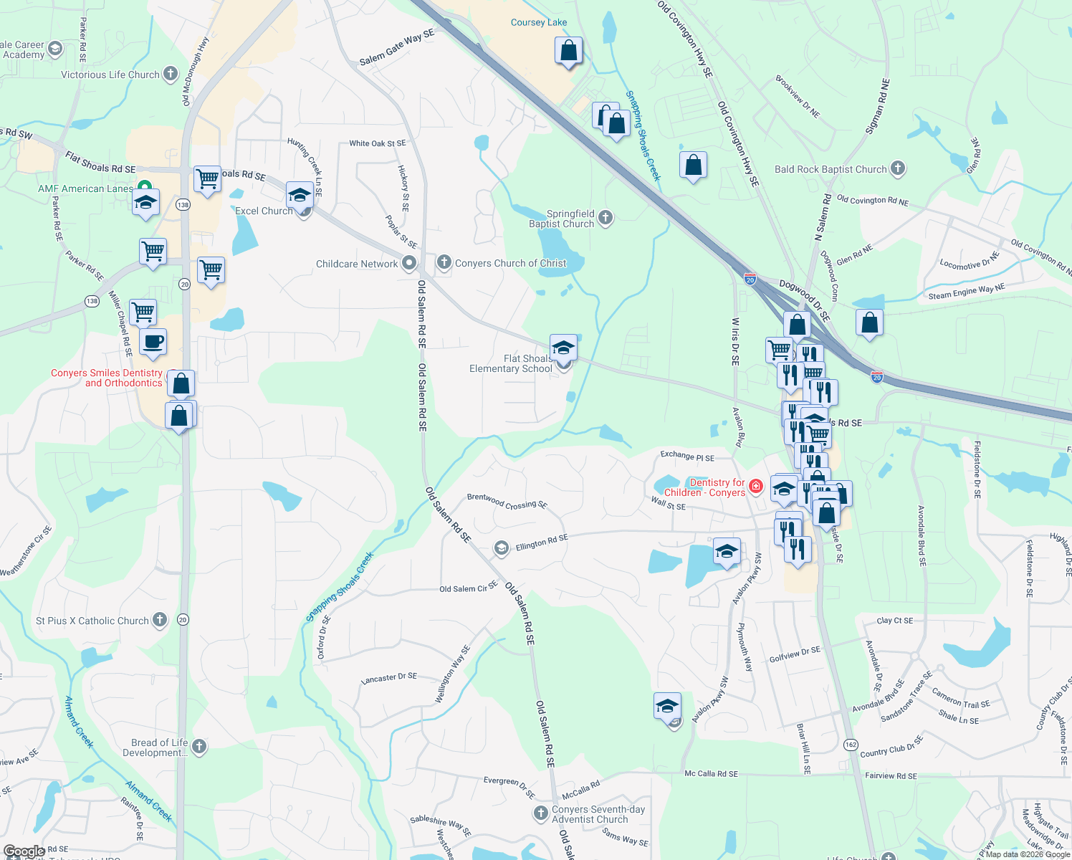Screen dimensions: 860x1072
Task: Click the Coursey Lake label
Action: [x=538, y=23]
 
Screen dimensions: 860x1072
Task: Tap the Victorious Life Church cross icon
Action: [x=171, y=74]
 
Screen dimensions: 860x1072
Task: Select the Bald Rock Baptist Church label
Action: [x=831, y=170]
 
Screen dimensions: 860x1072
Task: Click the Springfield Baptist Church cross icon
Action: [x=606, y=218]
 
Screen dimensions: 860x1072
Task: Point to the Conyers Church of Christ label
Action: [x=510, y=264]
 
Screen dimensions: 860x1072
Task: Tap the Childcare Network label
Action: [x=357, y=264]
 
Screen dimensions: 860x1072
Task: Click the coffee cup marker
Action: [x=153, y=342]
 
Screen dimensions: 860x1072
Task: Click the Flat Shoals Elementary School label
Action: [x=511, y=363]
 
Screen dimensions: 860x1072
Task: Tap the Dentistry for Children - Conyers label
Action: [x=704, y=488]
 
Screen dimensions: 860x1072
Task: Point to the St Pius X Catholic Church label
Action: [x=92, y=621]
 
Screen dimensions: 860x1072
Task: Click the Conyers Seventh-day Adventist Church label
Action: [x=598, y=814]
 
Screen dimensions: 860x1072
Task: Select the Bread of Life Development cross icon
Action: [x=199, y=747]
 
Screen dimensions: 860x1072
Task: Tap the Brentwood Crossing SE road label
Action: [x=507, y=501]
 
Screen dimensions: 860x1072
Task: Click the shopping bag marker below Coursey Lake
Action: [x=568, y=51]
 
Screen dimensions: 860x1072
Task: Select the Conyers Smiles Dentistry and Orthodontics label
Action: [x=107, y=378]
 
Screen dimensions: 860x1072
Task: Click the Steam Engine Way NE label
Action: [x=966, y=292]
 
